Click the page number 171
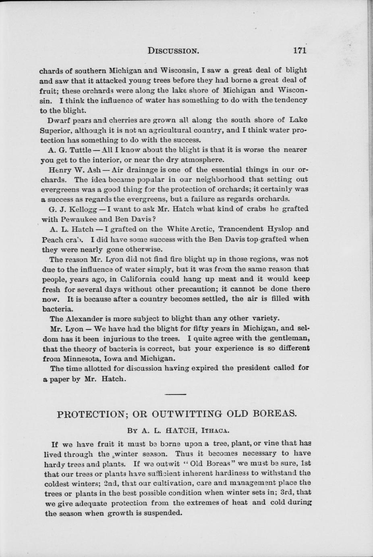(300, 51)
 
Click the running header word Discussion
(174, 51)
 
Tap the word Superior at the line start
(55, 130)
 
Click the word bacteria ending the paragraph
(58, 309)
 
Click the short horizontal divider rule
(175, 394)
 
